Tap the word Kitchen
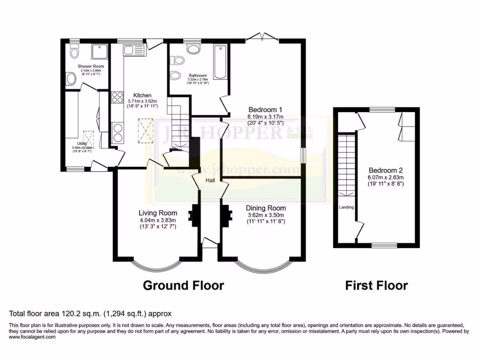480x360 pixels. point(142,95)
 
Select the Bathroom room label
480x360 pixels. point(198,75)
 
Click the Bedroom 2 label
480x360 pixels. point(385,171)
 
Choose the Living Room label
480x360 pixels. point(157,213)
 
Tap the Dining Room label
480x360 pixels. point(266,208)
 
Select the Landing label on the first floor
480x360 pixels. point(347,207)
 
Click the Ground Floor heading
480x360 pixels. point(183,285)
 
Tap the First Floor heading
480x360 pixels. point(376,285)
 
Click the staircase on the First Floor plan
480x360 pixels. point(347,164)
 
